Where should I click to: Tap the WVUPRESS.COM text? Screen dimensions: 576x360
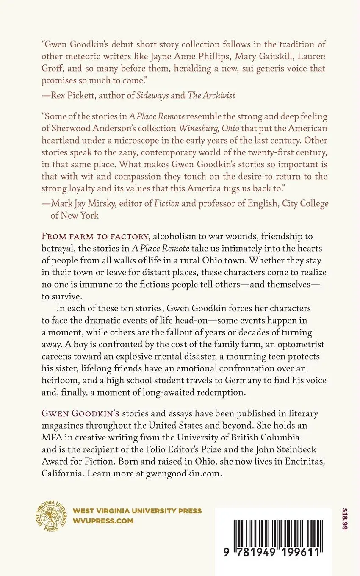point(103,521)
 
